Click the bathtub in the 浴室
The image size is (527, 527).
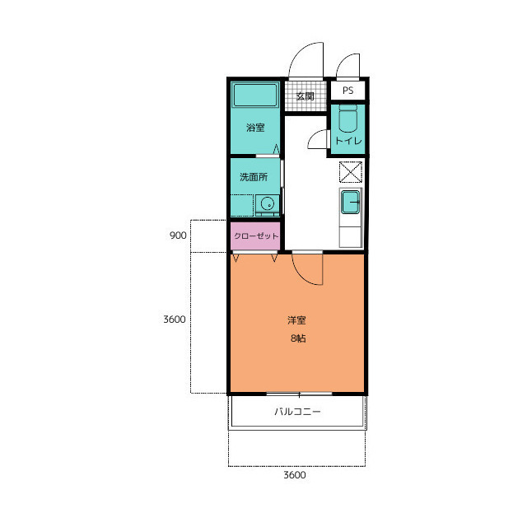tap(255, 95)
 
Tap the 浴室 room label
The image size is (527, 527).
tap(255, 128)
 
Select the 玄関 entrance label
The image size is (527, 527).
tap(305, 96)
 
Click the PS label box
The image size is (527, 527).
tap(348, 91)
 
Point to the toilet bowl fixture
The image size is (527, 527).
tap(347, 119)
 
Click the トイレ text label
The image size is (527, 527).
tap(348, 141)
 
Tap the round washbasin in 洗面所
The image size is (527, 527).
tap(268, 203)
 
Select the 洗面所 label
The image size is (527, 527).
tap(254, 177)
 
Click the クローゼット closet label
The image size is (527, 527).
tap(256, 236)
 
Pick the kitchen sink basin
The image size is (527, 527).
tap(351, 202)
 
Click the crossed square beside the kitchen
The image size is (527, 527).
tap(351, 172)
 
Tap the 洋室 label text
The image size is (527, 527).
tap(296, 320)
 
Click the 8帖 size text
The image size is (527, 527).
tap(298, 338)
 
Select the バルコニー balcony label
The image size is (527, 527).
tap(297, 412)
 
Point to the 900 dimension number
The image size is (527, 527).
tap(178, 236)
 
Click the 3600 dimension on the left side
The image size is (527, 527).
tap(175, 319)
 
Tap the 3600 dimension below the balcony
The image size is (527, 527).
tap(295, 475)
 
